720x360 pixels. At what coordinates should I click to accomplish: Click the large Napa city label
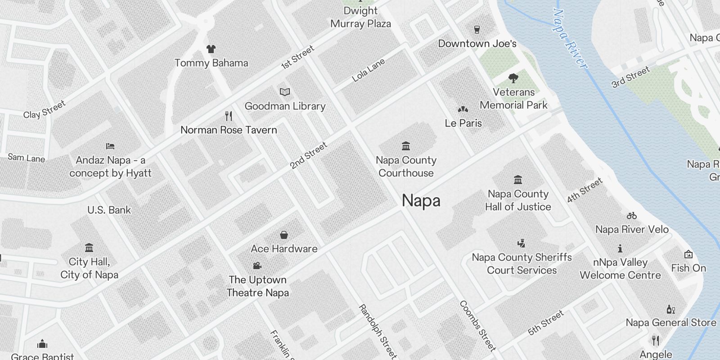coord(421,201)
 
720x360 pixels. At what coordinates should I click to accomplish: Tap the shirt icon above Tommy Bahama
coord(211,49)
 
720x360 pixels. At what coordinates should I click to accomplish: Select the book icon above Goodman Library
coord(284,92)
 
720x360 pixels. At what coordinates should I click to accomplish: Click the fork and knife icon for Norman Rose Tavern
coord(229,116)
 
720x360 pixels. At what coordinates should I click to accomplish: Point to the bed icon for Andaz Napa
coord(110,146)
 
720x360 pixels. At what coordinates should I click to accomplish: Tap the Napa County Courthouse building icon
coord(406,146)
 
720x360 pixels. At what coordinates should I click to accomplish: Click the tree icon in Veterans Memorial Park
coord(513,78)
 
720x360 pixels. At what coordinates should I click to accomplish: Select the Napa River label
coord(570,40)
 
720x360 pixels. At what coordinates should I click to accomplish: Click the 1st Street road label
coord(297,58)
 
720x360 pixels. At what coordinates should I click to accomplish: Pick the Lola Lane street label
coord(368,70)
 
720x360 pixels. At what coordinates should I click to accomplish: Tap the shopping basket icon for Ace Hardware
coord(284,235)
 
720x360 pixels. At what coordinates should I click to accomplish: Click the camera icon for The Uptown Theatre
coord(257,265)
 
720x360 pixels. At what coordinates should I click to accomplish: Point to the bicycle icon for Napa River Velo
coord(632,216)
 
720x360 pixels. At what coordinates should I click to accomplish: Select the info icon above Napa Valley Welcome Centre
coord(620,248)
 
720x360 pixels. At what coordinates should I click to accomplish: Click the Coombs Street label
coord(477,326)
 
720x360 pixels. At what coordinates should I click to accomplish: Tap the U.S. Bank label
coord(109,210)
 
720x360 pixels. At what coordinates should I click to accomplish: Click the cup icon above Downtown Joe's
coord(477,30)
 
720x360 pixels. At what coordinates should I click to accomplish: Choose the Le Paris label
coord(463,123)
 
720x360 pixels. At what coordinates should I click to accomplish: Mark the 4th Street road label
coord(584,190)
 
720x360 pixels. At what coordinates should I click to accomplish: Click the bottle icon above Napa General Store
coord(670,309)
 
